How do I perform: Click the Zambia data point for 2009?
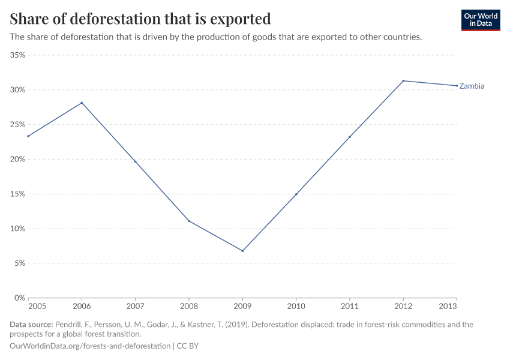click(x=242, y=251)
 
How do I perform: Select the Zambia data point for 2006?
click(x=82, y=103)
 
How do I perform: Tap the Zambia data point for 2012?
click(x=403, y=81)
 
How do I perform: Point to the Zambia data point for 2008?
click(x=189, y=221)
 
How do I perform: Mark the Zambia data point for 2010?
click(x=296, y=194)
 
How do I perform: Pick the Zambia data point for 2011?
click(x=350, y=137)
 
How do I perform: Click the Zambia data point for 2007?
click(x=136, y=161)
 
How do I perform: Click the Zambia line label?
click(x=472, y=86)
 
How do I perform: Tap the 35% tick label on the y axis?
click(x=17, y=55)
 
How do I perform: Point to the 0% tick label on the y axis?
click(x=20, y=298)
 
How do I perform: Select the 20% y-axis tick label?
click(x=17, y=160)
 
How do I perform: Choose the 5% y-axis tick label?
click(x=20, y=263)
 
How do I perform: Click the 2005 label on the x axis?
click(x=28, y=307)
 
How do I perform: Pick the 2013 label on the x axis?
click(x=457, y=307)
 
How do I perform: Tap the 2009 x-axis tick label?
click(x=242, y=307)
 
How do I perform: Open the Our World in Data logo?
click(x=481, y=20)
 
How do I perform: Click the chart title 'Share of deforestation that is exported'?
click(x=140, y=19)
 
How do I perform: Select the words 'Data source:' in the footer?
click(x=31, y=325)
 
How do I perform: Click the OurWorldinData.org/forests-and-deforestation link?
click(x=90, y=346)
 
